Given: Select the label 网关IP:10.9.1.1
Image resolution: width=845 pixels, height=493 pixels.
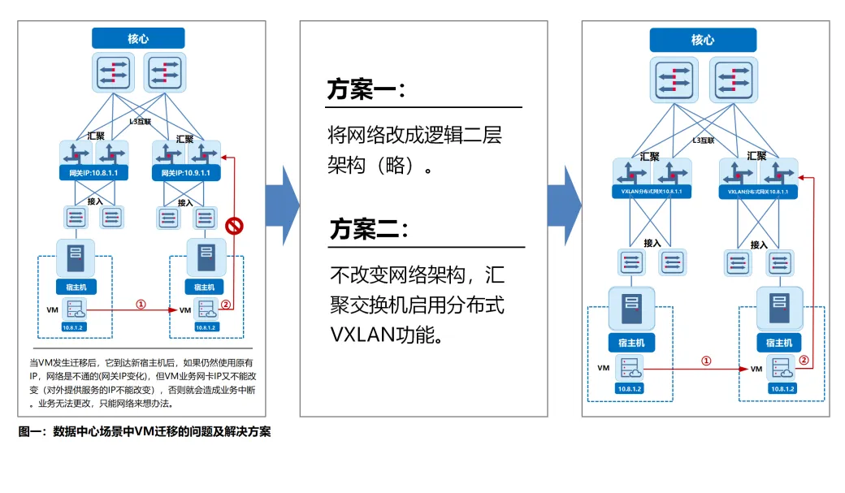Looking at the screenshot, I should [186, 173].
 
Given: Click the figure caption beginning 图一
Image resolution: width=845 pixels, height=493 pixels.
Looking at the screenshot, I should [145, 432].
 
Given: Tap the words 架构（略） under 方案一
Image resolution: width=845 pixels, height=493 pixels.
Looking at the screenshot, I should [379, 165].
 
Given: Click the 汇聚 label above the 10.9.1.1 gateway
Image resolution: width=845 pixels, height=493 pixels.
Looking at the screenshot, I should [186, 138].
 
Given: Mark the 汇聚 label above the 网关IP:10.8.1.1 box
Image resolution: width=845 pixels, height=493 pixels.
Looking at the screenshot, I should [94, 136].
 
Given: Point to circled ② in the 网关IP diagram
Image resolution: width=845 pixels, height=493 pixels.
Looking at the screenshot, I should [226, 305].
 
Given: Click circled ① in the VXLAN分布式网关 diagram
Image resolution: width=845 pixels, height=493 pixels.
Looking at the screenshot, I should [705, 361].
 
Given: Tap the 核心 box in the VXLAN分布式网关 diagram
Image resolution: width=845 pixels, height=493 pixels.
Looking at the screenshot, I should [702, 40].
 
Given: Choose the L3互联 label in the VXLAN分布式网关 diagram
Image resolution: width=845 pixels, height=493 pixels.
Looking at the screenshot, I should [703, 141].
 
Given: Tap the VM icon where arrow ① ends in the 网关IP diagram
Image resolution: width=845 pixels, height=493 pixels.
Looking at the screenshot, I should [206, 310].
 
